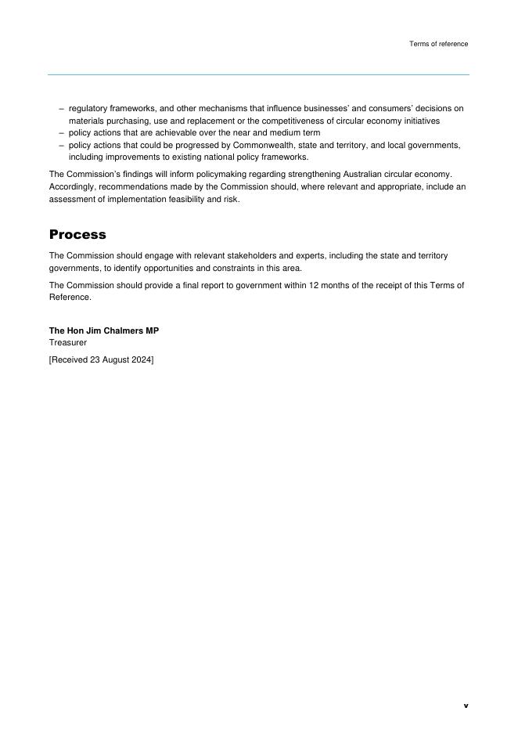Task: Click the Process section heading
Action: point(77,235)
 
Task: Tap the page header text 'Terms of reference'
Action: point(438,44)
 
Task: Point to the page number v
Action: point(466,706)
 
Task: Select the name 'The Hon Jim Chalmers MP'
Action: point(104,331)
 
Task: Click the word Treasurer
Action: point(68,343)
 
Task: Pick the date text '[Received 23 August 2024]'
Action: point(102,360)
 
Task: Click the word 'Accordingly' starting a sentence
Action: point(72,187)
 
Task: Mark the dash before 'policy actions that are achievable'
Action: point(62,133)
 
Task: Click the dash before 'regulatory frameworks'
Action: point(62,109)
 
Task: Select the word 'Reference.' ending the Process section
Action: point(70,298)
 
